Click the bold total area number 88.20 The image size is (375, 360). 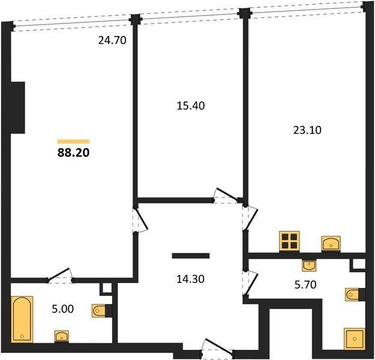point(73,152)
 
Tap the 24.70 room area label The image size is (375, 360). point(112,40)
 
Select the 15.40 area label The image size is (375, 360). point(191,106)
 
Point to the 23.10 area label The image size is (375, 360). point(307,130)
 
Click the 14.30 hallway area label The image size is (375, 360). point(190,279)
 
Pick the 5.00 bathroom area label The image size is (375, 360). point(62,309)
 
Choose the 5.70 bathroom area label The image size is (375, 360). point(305,284)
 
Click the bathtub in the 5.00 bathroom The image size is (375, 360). point(22,319)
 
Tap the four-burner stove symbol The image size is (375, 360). point(289,241)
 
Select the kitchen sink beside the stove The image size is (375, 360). point(331,244)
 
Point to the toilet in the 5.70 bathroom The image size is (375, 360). point(355,295)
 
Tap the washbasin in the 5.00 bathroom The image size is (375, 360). point(62,337)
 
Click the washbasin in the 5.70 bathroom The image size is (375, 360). point(309,266)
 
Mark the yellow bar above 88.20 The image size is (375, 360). point(73,142)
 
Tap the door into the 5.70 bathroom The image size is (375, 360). point(250,284)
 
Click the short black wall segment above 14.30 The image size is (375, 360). point(191,256)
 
